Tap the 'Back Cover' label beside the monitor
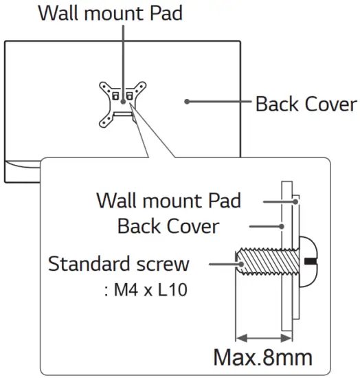[x=306, y=104]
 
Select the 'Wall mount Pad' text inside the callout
[x=169, y=201]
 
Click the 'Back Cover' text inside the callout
[x=168, y=226]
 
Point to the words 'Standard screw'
[x=118, y=264]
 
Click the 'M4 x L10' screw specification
[x=146, y=289]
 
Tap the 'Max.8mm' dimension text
[x=262, y=357]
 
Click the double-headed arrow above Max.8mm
[x=263, y=337]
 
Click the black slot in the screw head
[x=311, y=262]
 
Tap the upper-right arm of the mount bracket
[x=141, y=87]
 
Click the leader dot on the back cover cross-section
[x=282, y=226]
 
